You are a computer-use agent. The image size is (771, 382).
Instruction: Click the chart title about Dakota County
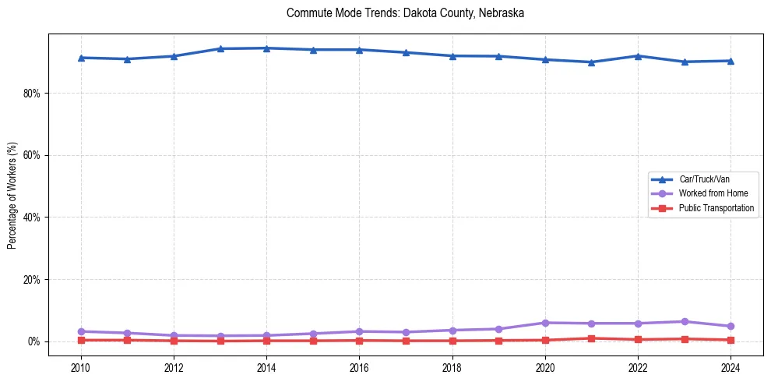point(405,13)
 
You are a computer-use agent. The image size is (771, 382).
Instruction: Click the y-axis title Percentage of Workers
point(12,195)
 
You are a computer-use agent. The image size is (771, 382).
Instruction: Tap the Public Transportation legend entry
point(716,208)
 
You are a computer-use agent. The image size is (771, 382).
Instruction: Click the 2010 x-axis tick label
point(80,366)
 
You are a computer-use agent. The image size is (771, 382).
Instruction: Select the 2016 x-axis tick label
point(359,366)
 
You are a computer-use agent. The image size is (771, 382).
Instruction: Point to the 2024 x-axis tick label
point(731,366)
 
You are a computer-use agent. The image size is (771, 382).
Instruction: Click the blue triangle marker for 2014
point(266,48)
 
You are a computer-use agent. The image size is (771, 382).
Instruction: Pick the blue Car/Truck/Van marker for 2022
point(638,56)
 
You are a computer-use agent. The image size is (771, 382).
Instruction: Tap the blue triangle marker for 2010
point(80,58)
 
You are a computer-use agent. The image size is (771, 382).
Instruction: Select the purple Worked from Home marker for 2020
point(545,323)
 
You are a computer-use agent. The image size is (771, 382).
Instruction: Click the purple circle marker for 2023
point(685,321)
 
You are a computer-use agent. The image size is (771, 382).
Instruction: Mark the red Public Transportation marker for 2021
point(592,338)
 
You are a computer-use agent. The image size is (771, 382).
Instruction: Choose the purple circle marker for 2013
point(220,335)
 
